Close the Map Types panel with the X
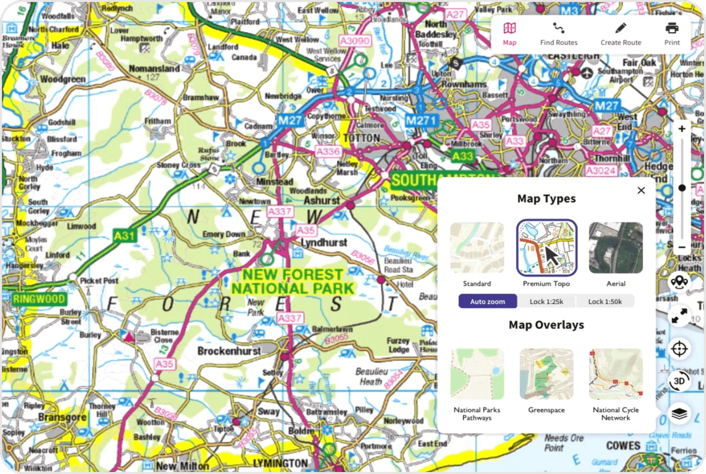click(641, 190)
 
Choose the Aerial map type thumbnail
click(615, 248)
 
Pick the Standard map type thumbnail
click(477, 248)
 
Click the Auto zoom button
click(488, 302)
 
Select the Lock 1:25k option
click(546, 302)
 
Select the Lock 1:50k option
click(605, 302)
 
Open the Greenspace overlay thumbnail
click(546, 375)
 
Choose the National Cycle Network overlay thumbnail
click(615, 375)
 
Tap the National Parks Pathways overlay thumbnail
click(477, 375)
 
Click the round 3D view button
click(680, 380)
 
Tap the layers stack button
click(680, 414)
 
